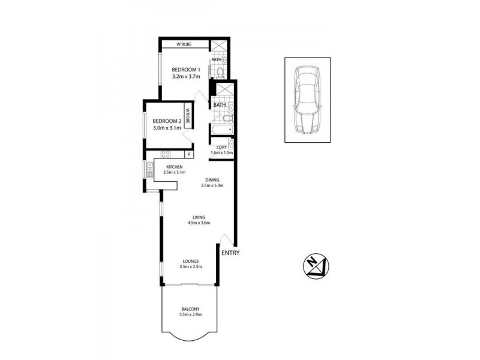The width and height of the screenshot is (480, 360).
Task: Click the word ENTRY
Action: pos(230,253)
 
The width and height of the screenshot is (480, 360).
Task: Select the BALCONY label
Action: pos(190,308)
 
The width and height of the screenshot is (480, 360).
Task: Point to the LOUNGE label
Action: pos(191,261)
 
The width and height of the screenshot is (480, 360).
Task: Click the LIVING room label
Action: pos(199,217)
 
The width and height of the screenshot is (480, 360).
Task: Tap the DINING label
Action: pos(212,179)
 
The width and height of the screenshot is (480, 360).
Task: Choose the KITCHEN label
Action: pos(174,167)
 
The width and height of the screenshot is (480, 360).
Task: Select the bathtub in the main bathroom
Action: pos(221,130)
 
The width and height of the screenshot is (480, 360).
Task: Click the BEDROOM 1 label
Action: pos(184,68)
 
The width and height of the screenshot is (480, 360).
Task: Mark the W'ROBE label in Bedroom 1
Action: pos(185,44)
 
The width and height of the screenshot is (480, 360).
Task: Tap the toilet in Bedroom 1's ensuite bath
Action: pos(220,73)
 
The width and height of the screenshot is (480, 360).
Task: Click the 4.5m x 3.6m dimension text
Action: pos(199,224)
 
